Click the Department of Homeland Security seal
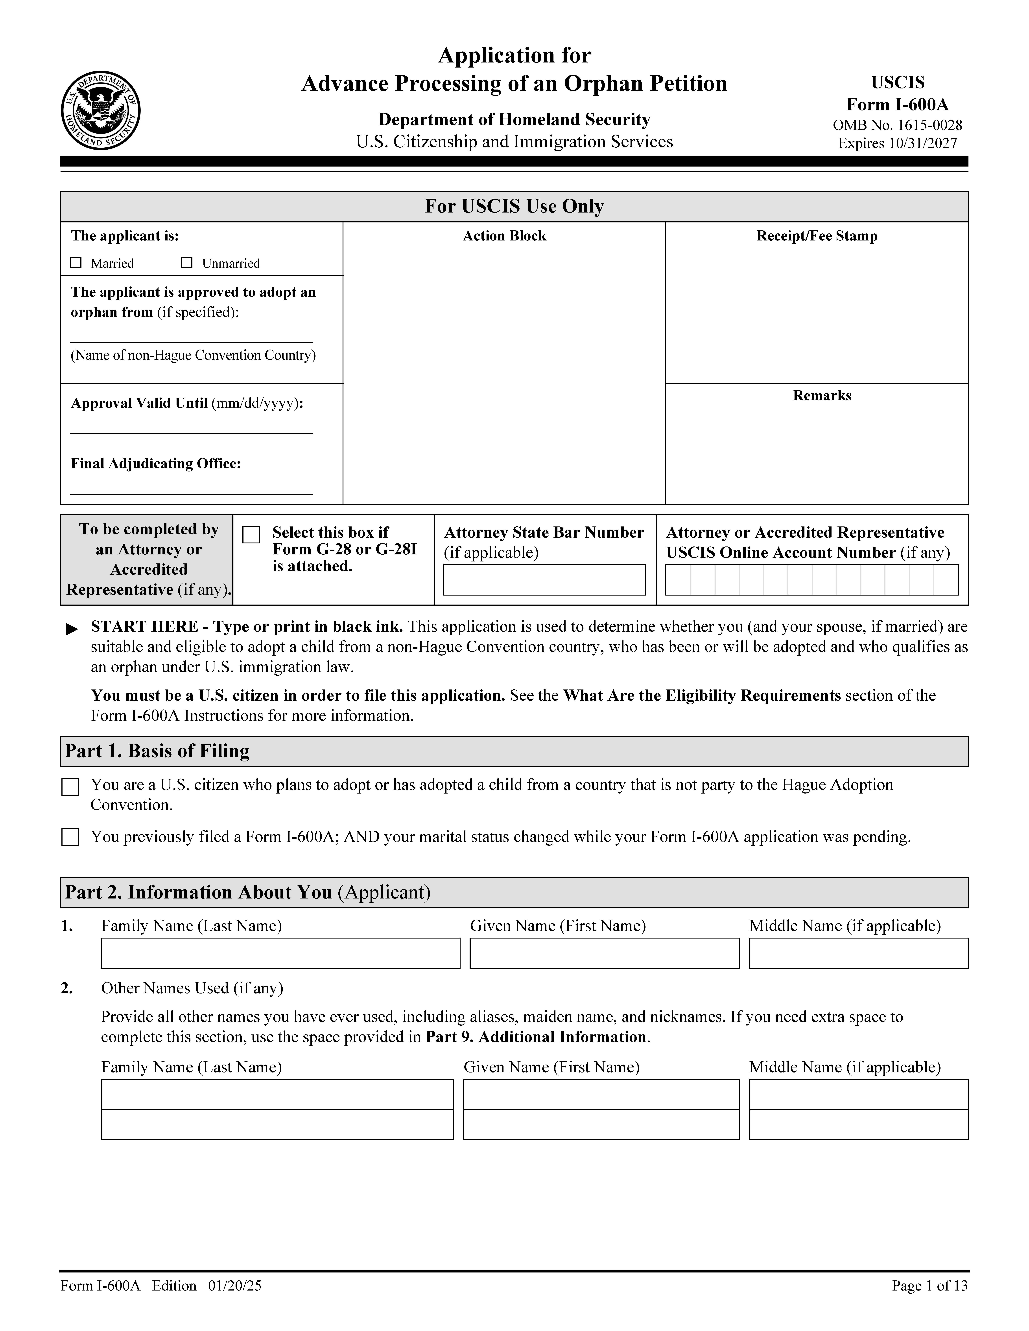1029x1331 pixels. click(x=101, y=110)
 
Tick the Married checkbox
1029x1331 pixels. click(x=76, y=263)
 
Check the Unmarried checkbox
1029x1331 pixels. click(x=187, y=263)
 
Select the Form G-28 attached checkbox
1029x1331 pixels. click(x=251, y=534)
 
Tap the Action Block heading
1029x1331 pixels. click(x=504, y=236)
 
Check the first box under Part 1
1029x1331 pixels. click(x=71, y=787)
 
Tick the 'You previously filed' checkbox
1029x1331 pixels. click(x=71, y=837)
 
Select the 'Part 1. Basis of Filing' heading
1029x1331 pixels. click(x=157, y=751)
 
